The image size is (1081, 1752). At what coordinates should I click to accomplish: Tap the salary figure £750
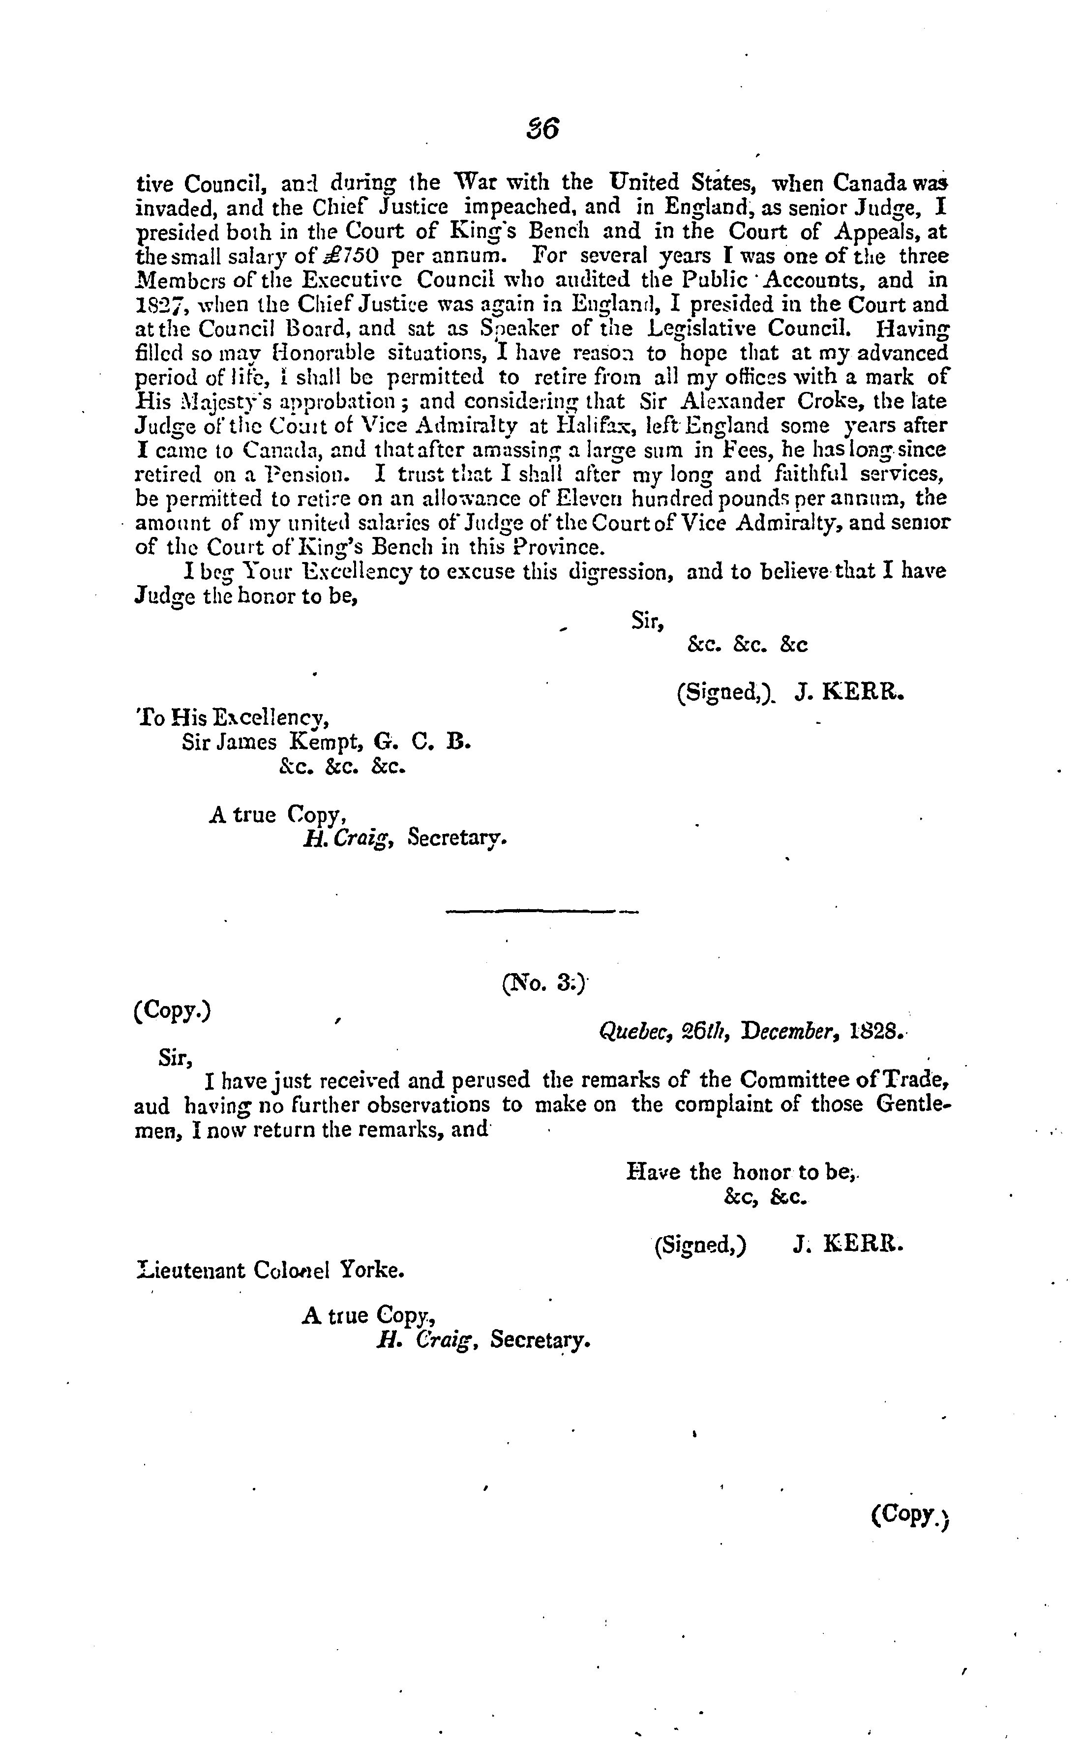360,256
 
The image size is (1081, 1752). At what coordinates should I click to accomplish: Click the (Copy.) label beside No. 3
172,1011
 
